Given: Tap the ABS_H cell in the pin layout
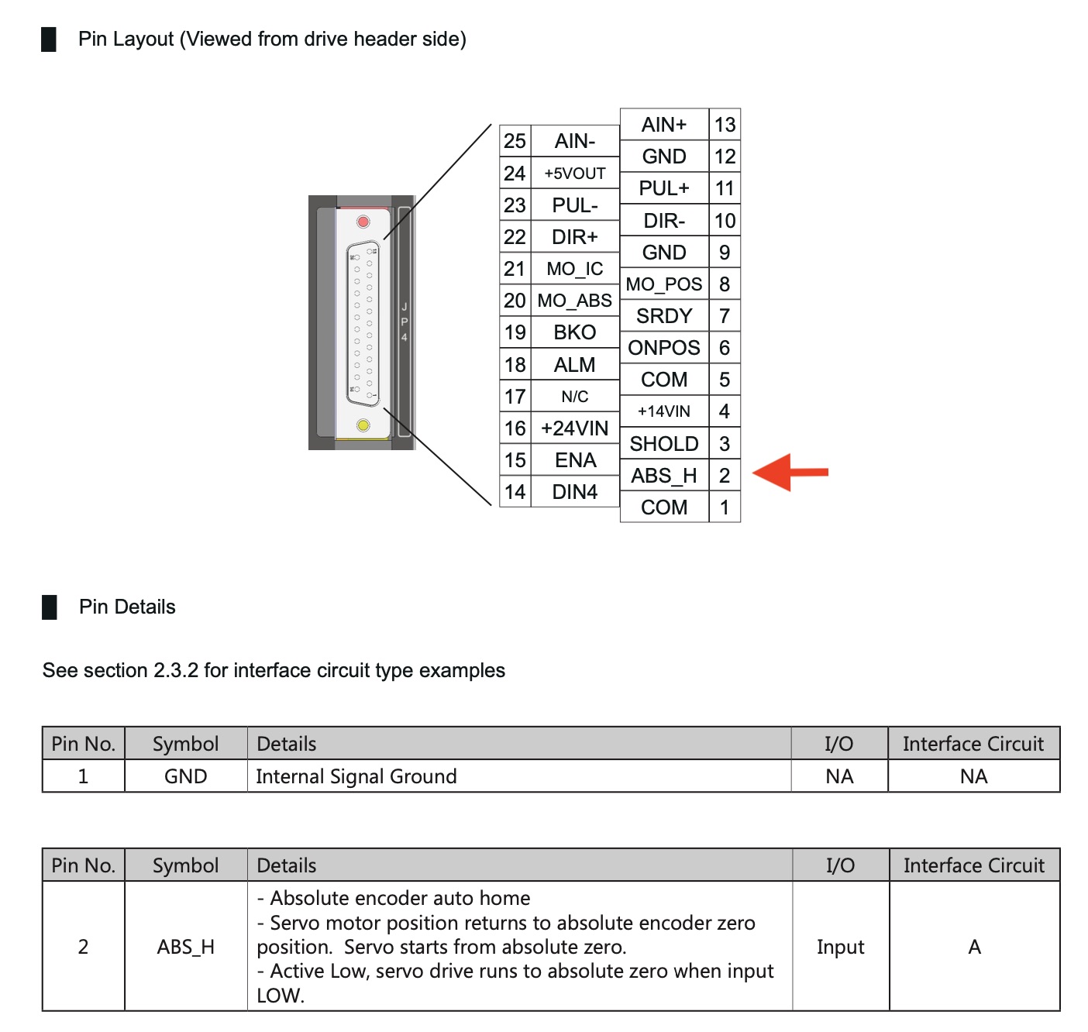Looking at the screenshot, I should pyautogui.click(x=664, y=476).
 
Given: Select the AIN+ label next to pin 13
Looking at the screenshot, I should pyautogui.click(x=664, y=125).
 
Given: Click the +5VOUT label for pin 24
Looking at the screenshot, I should pyautogui.click(x=575, y=174).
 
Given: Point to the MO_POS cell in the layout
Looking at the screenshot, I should pyautogui.click(x=664, y=284).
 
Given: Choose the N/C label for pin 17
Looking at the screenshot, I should pyautogui.click(x=575, y=397).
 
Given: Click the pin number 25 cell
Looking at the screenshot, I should pyautogui.click(x=515, y=141).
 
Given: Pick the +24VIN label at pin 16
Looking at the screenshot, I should pyautogui.click(x=575, y=428).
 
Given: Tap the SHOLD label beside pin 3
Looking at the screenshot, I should pyautogui.click(x=664, y=444).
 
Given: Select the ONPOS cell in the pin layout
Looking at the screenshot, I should pyautogui.click(x=664, y=348).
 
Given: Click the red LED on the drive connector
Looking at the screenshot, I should pyautogui.click(x=363, y=222).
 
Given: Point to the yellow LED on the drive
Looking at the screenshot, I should pyautogui.click(x=363, y=425).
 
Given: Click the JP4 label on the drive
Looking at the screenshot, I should pyautogui.click(x=404, y=322).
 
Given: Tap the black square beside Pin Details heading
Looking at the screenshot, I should pyautogui.click(x=50, y=607).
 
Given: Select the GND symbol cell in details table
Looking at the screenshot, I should pyautogui.click(x=186, y=776).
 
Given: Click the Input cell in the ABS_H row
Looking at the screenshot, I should pyautogui.click(x=840, y=947).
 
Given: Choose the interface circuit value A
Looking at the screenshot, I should pyautogui.click(x=974, y=947).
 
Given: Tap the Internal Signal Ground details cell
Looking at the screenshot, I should pyautogui.click(x=356, y=776).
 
